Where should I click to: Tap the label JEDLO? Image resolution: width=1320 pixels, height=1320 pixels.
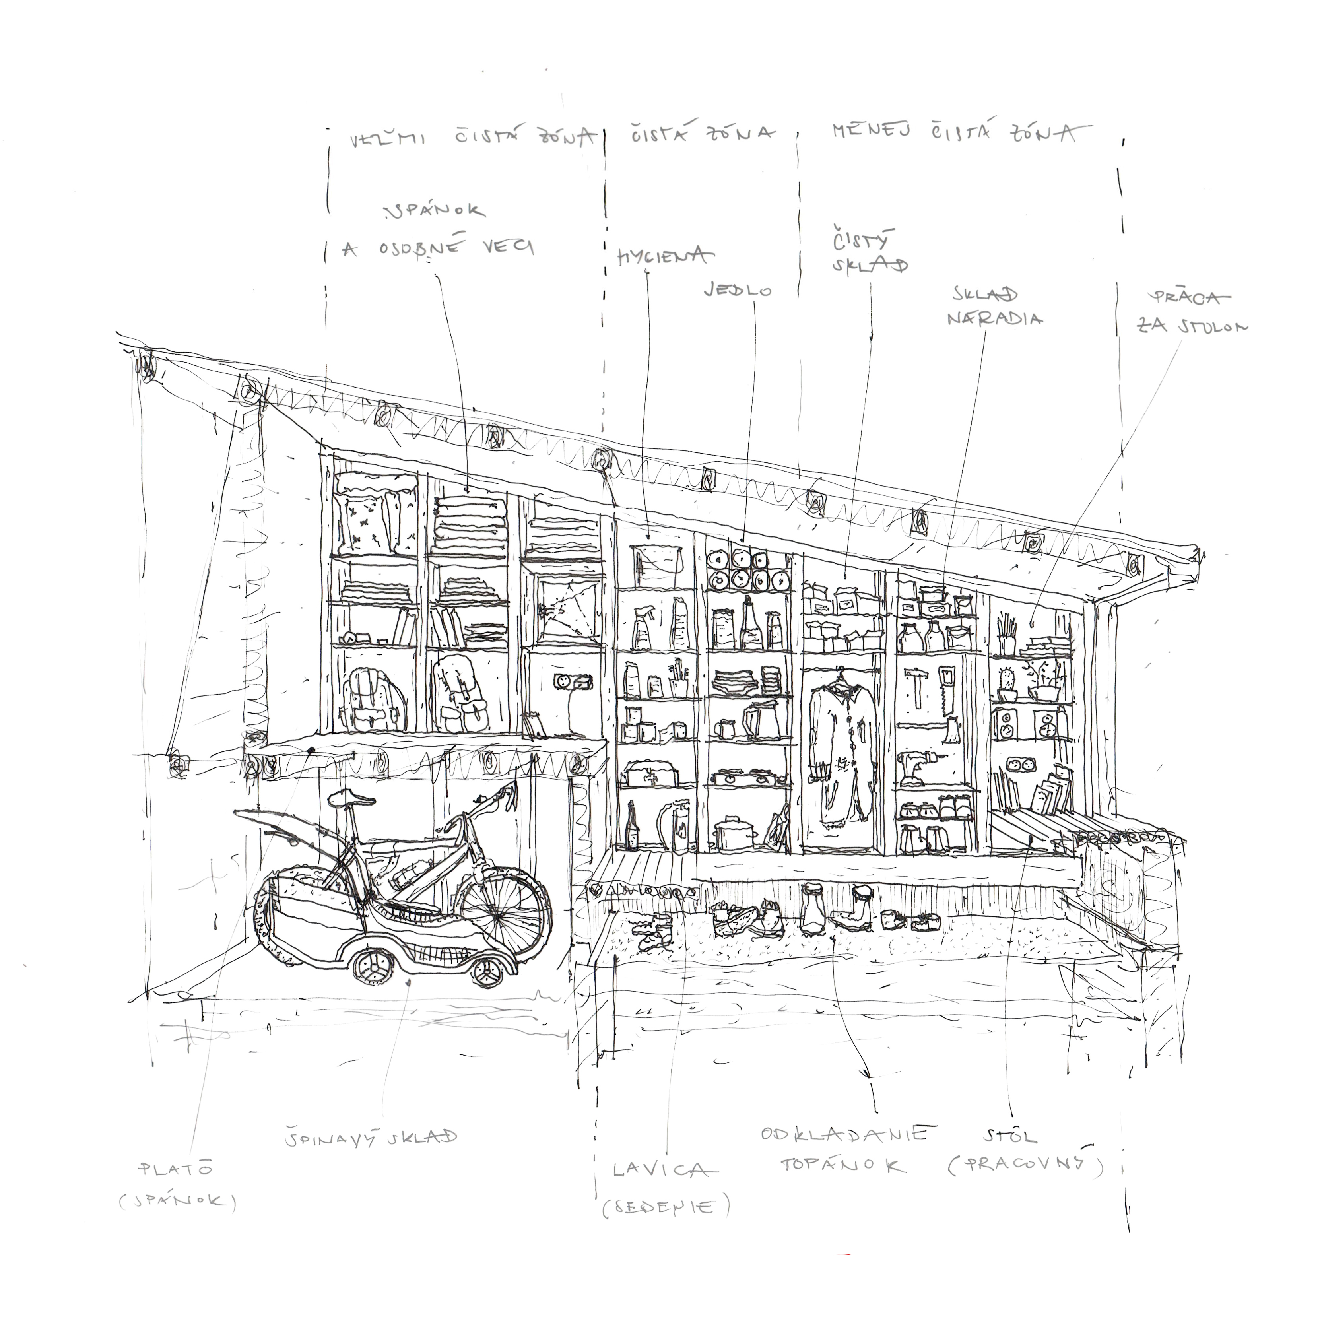(738, 291)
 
